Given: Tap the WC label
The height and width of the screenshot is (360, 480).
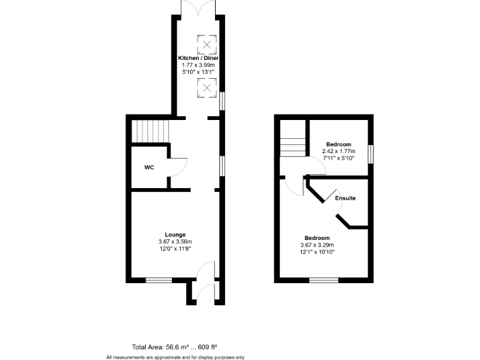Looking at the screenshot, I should (149, 167).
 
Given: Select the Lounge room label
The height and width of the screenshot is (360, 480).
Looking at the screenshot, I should (174, 234).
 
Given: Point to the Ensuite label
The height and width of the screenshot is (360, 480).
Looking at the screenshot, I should (345, 198).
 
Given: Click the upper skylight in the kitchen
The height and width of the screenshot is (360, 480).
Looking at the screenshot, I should (206, 44).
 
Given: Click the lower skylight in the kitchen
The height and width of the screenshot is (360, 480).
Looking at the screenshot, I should (206, 88).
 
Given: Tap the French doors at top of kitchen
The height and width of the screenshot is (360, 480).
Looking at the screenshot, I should (198, 9).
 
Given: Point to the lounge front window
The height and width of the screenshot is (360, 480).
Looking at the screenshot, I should (159, 280).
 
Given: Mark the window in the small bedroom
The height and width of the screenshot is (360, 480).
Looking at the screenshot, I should (371, 154).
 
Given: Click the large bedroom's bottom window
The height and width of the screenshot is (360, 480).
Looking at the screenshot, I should (324, 280).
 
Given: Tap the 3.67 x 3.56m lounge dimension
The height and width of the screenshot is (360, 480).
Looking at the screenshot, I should (174, 242).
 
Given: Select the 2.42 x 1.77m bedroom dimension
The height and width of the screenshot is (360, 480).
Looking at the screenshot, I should (338, 151).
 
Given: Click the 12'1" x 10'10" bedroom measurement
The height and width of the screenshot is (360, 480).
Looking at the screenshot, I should (317, 252).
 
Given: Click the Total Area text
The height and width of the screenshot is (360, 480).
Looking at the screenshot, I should (174, 346).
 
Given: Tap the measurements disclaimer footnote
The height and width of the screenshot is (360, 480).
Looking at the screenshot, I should (174, 357).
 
